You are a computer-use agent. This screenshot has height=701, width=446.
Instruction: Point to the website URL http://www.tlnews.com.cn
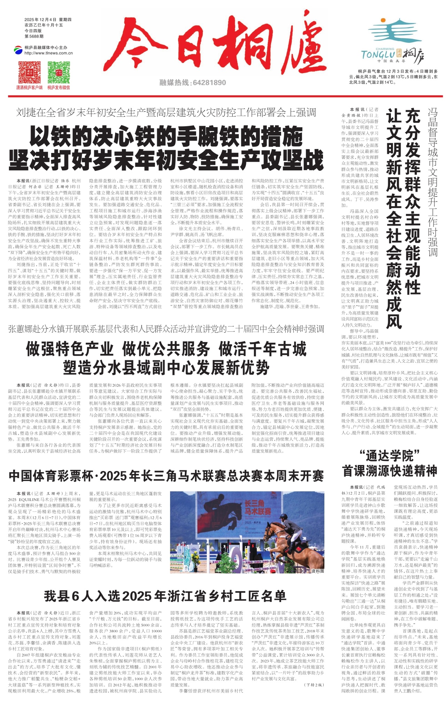coord(48,53)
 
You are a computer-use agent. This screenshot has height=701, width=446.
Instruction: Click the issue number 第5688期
coord(34,36)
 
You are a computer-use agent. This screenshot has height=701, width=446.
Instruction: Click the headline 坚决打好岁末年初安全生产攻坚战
coord(166,159)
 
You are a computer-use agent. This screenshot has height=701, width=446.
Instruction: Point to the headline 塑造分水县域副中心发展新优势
coord(166,367)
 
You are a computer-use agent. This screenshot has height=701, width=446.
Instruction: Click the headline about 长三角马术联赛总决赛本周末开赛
coord(166,476)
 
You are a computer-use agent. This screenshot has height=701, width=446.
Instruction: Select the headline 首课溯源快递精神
coord(390,471)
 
